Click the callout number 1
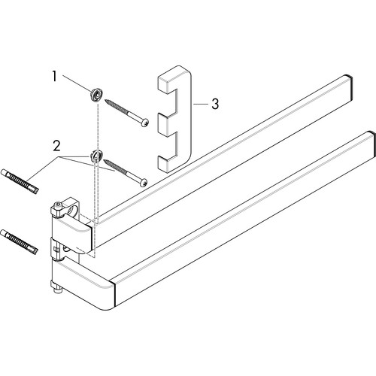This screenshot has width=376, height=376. [x=54, y=76]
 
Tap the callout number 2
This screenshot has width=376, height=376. [x=56, y=146]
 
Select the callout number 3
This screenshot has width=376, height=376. [x=215, y=104]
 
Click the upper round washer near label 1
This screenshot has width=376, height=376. [x=96, y=95]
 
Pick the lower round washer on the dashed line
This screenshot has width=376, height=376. [x=96, y=155]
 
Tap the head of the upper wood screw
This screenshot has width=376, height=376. [x=145, y=123]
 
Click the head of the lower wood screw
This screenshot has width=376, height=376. [x=143, y=183]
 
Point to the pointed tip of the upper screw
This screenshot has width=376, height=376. [x=105, y=100]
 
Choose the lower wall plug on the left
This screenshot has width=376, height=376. [x=20, y=241]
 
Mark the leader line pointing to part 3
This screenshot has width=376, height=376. [x=200, y=104]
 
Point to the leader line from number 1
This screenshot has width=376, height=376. [x=77, y=83]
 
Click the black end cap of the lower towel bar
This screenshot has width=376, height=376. [x=373, y=145]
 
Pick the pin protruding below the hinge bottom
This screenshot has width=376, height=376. [x=58, y=290]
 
